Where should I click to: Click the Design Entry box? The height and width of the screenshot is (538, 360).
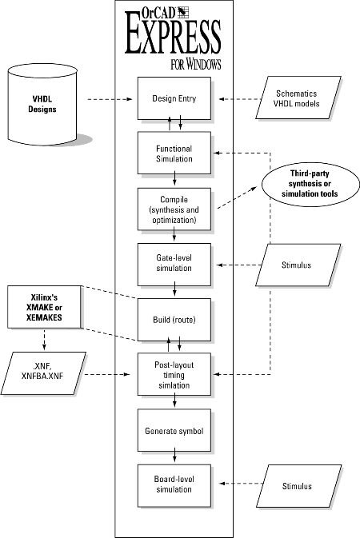click(x=174, y=98)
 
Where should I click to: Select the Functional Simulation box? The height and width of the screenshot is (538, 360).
click(x=174, y=153)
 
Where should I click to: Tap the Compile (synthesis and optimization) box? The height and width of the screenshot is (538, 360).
click(x=174, y=209)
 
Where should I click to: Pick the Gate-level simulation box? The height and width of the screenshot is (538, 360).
click(x=174, y=265)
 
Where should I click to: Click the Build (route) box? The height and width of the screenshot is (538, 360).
click(x=174, y=320)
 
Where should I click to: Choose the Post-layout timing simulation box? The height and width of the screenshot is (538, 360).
click(x=174, y=375)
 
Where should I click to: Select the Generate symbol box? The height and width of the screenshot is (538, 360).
click(x=174, y=430)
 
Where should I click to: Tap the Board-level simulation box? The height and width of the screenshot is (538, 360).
click(x=174, y=485)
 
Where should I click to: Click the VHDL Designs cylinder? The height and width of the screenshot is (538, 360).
click(x=42, y=104)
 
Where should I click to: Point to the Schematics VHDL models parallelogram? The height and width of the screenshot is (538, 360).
click(x=298, y=98)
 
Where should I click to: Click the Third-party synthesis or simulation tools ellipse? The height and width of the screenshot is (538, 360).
click(x=310, y=184)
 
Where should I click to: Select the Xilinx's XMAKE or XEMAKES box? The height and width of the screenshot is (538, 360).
click(x=45, y=307)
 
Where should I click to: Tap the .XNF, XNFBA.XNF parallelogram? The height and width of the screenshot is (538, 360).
click(x=43, y=373)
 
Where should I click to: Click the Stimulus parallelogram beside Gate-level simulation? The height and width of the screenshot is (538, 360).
click(x=298, y=265)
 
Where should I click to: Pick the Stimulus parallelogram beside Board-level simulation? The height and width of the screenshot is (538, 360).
click(x=298, y=486)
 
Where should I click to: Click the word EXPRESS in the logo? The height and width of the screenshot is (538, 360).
click(x=173, y=36)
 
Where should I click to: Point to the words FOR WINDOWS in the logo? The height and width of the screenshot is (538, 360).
click(x=196, y=64)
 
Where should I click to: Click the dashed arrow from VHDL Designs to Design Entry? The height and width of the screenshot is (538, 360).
click(x=110, y=99)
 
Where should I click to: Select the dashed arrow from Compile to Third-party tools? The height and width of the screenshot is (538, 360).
click(x=238, y=197)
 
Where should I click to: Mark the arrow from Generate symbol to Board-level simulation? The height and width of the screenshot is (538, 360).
click(x=174, y=455)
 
